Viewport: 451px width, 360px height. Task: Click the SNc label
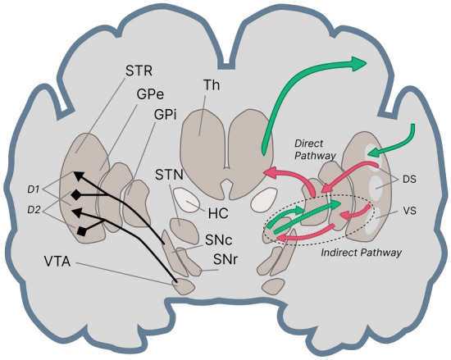point(219,244)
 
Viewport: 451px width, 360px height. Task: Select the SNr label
point(226,260)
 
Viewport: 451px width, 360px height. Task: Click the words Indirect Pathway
point(362,253)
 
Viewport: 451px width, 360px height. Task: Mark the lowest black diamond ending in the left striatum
point(82,233)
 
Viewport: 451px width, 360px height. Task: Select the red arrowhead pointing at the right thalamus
point(268,173)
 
